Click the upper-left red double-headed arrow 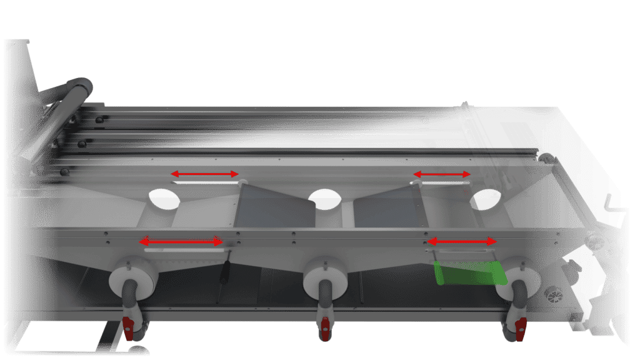[205, 174]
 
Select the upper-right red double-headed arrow [441, 174]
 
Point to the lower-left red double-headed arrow [181, 241]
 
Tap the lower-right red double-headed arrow [461, 241]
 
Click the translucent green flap [469, 273]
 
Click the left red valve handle [129, 327]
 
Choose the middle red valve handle [324, 327]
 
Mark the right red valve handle [519, 326]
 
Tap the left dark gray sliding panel [275, 206]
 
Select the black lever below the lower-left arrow [226, 269]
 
